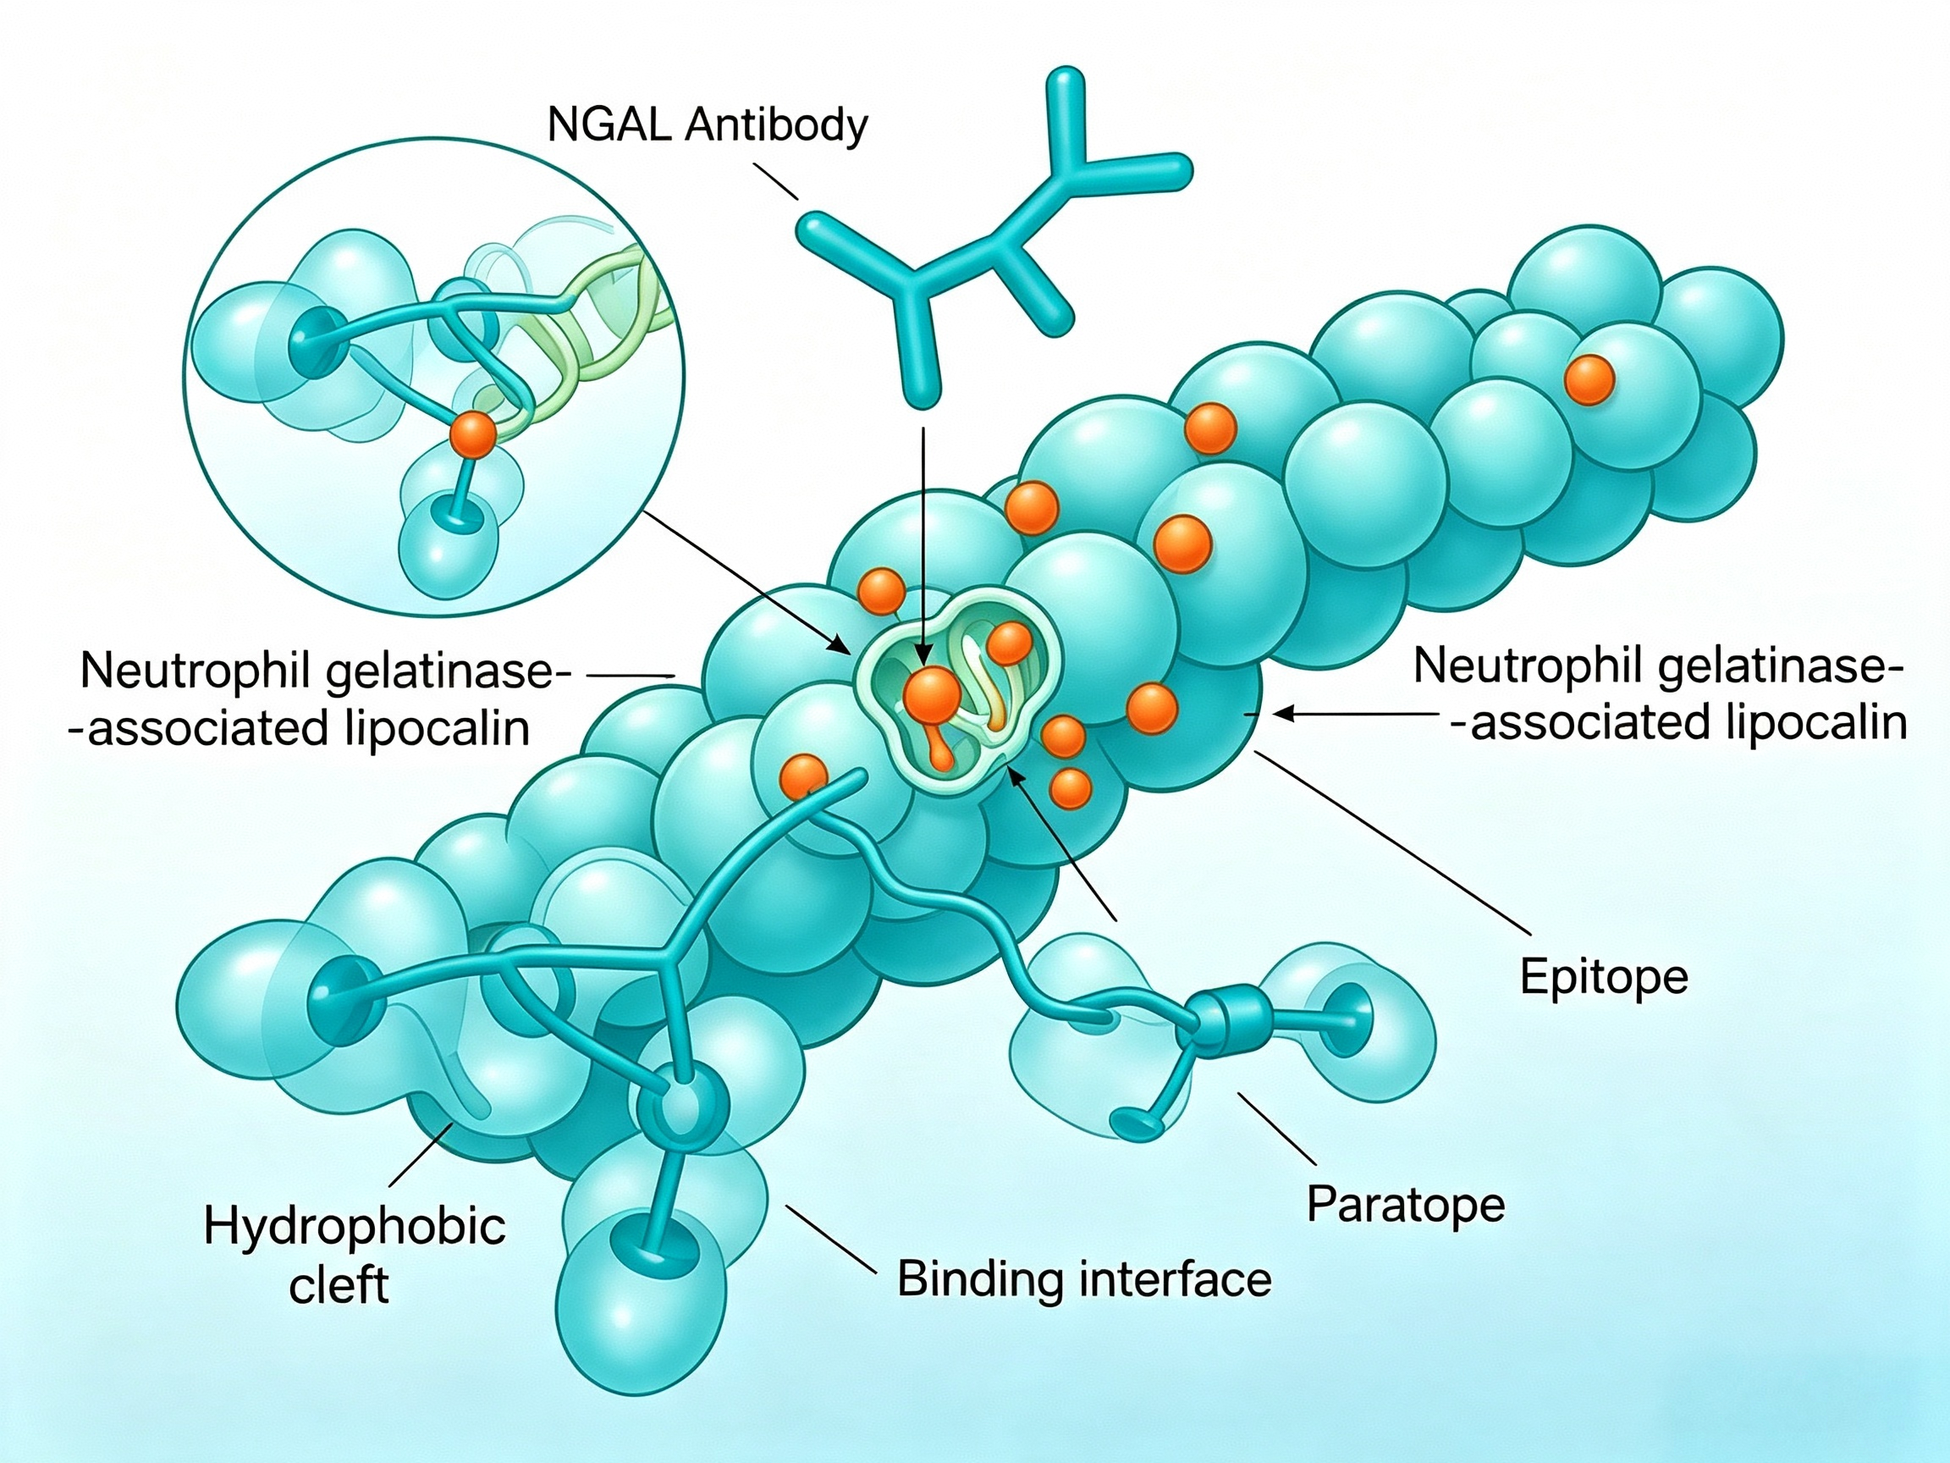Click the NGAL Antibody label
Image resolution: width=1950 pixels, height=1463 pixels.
(707, 125)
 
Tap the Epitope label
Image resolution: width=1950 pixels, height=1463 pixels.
(1604, 977)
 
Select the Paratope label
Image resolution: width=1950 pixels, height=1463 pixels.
(1405, 1204)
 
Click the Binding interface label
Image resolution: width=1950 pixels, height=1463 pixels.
(1084, 1278)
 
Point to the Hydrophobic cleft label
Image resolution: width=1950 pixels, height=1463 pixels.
(355, 1255)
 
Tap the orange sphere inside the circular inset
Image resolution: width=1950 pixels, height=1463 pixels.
(473, 435)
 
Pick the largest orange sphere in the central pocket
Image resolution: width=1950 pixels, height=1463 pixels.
(932, 696)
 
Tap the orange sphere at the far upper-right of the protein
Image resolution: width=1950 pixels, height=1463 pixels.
(1589, 380)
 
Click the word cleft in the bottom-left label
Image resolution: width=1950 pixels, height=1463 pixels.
(339, 1285)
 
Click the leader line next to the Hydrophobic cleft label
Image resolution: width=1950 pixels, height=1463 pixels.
(421, 1154)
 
